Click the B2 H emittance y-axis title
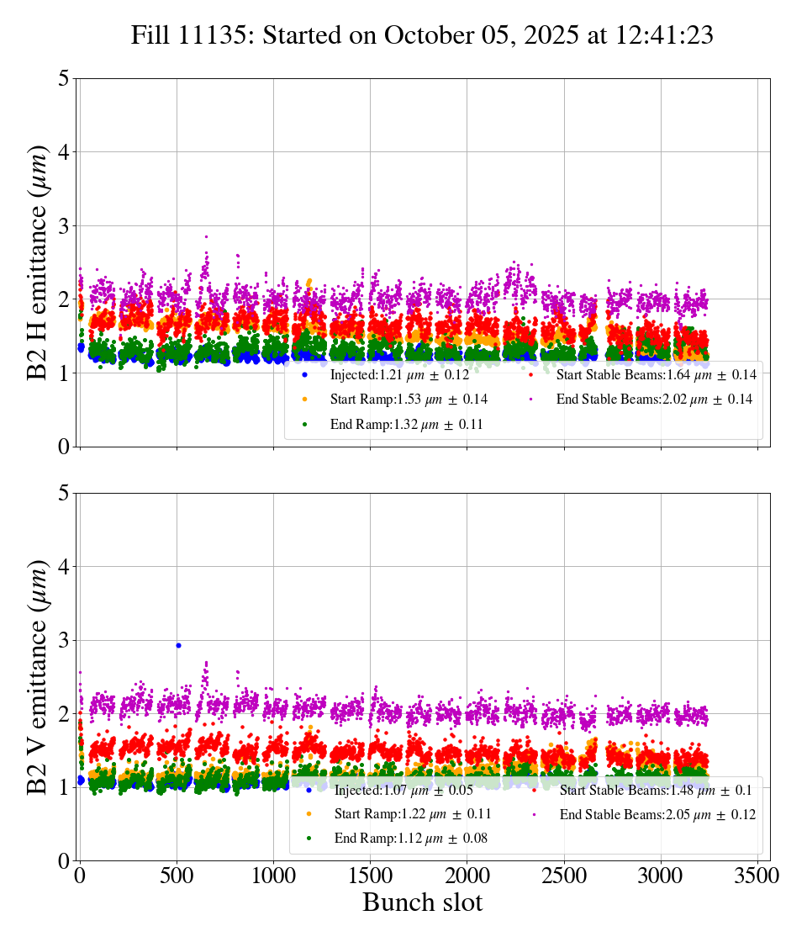coord(39,262)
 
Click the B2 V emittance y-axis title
coord(39,677)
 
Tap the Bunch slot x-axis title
coord(422,902)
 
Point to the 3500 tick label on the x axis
coord(757,875)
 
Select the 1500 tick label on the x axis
coord(370,875)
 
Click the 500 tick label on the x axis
coord(177,875)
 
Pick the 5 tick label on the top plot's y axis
coord(63,79)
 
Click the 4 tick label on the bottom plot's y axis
coord(63,567)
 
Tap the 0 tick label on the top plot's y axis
coord(63,447)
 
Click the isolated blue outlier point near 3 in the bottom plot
coord(178,645)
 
